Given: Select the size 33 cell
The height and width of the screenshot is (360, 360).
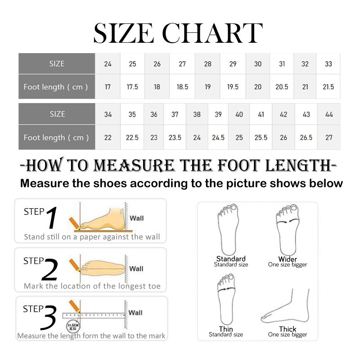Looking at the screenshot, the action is click(328, 63).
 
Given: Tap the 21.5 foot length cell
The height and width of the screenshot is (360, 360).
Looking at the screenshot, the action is click(328, 87).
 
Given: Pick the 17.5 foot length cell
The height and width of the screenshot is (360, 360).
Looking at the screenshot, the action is click(132, 87).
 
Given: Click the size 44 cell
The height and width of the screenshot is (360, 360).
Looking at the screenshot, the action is click(329, 114).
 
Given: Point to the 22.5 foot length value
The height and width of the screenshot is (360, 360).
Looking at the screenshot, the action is click(132, 138).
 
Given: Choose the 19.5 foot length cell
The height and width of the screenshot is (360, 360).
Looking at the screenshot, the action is click(233, 87).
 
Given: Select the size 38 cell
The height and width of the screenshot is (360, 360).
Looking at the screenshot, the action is click(197, 114).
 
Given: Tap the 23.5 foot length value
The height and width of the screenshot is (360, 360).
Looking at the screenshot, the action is click(175, 138).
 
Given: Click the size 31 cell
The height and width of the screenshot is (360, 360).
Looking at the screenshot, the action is click(282, 63).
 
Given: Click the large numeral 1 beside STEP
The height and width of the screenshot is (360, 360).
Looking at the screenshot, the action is click(52, 217).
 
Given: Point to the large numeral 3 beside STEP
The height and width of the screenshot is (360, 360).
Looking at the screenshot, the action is click(49, 317).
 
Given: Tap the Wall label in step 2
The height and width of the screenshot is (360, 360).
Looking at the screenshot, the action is click(136, 269).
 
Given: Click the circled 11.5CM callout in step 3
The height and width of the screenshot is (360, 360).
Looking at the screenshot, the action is click(73, 326).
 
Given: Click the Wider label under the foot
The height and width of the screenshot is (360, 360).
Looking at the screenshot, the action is click(288, 259).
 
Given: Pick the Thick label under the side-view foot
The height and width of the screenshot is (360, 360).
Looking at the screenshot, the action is click(288, 329).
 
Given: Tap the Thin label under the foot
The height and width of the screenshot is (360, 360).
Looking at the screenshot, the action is click(226, 329).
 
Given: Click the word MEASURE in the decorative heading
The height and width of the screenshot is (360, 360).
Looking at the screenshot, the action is click(134, 165).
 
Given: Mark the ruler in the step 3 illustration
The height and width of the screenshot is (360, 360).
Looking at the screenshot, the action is click(94, 315).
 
